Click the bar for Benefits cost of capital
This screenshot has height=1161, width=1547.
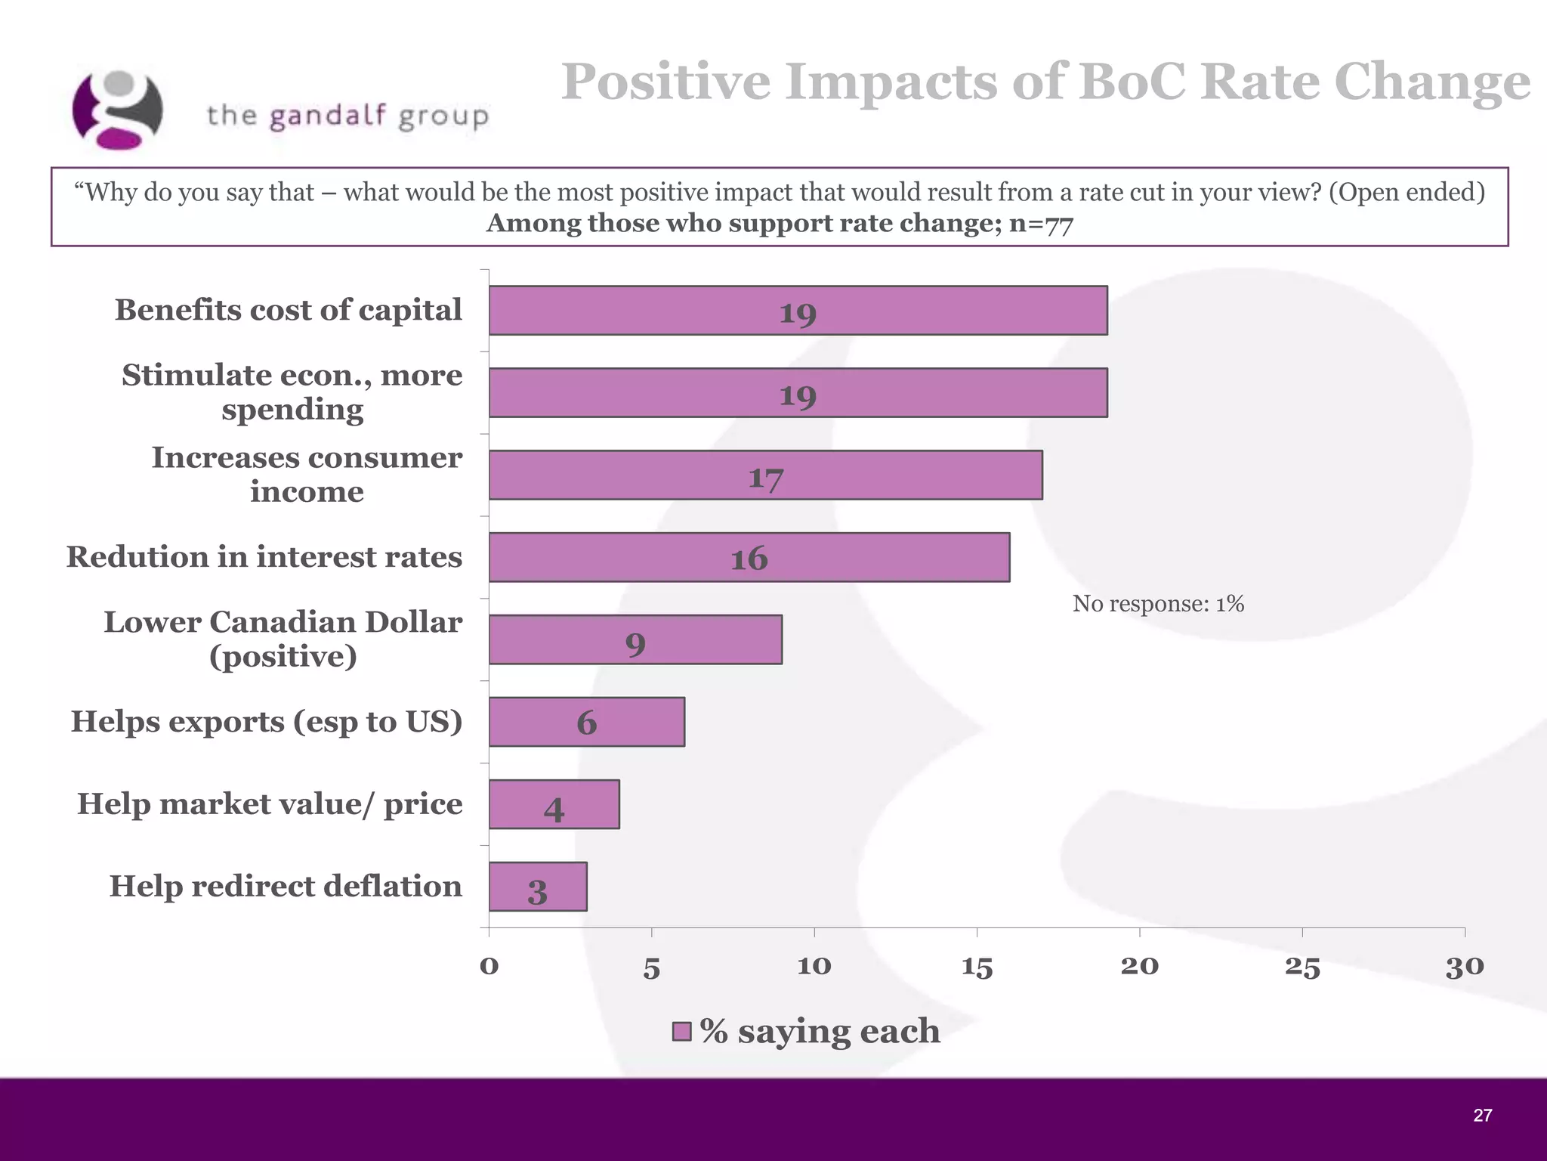pos(798,311)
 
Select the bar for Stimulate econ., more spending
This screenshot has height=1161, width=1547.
pos(798,393)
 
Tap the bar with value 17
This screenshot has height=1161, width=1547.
pos(765,475)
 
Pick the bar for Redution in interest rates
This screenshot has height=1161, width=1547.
pos(749,558)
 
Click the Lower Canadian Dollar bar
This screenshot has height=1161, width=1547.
pos(635,640)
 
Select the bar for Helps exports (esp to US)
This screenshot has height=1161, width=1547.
pos(586,722)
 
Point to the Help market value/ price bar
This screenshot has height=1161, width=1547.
pos(554,804)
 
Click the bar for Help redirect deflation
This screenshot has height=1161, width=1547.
pos(537,887)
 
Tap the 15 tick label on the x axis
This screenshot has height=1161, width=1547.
pos(977,967)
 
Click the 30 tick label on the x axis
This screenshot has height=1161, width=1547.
pos(1464,967)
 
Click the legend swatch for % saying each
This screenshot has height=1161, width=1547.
pos(681,1032)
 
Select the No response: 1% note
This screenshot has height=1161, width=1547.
pos(1157,604)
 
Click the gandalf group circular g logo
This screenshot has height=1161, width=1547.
pos(118,110)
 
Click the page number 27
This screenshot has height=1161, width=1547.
pos(1482,1115)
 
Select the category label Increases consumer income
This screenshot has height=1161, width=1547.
pos(307,475)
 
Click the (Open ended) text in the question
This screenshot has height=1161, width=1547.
pos(1407,193)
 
